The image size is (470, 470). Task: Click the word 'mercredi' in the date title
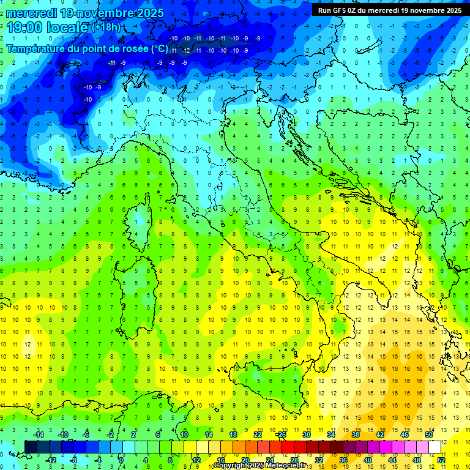pos(32,13)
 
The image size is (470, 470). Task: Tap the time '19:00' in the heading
pos(27,27)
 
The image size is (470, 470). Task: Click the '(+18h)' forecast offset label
pos(106,28)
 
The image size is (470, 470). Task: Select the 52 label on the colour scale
pos(441,460)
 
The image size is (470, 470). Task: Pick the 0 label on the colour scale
pos(121,460)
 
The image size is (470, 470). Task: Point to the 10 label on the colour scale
pos(184,434)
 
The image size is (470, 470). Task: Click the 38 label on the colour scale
pos(355,434)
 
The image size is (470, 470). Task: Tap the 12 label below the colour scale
pos(196,460)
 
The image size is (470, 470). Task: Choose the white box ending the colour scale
pos(435,447)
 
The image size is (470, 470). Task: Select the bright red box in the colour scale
pos(288,447)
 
